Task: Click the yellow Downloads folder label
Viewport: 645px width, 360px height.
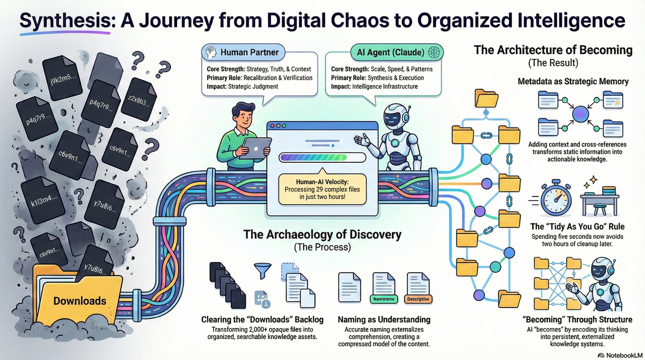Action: [x=80, y=301]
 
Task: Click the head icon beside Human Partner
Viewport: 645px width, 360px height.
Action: [x=211, y=52]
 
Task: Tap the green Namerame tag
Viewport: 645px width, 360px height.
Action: [x=383, y=299]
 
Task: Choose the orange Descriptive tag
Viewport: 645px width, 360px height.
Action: [x=418, y=299]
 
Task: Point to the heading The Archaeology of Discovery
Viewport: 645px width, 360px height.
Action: [x=322, y=235]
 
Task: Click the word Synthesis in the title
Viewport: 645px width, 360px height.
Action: [x=64, y=20]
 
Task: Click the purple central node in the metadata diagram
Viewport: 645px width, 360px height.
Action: [x=580, y=114]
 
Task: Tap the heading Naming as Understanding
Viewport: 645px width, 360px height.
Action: [x=384, y=319]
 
